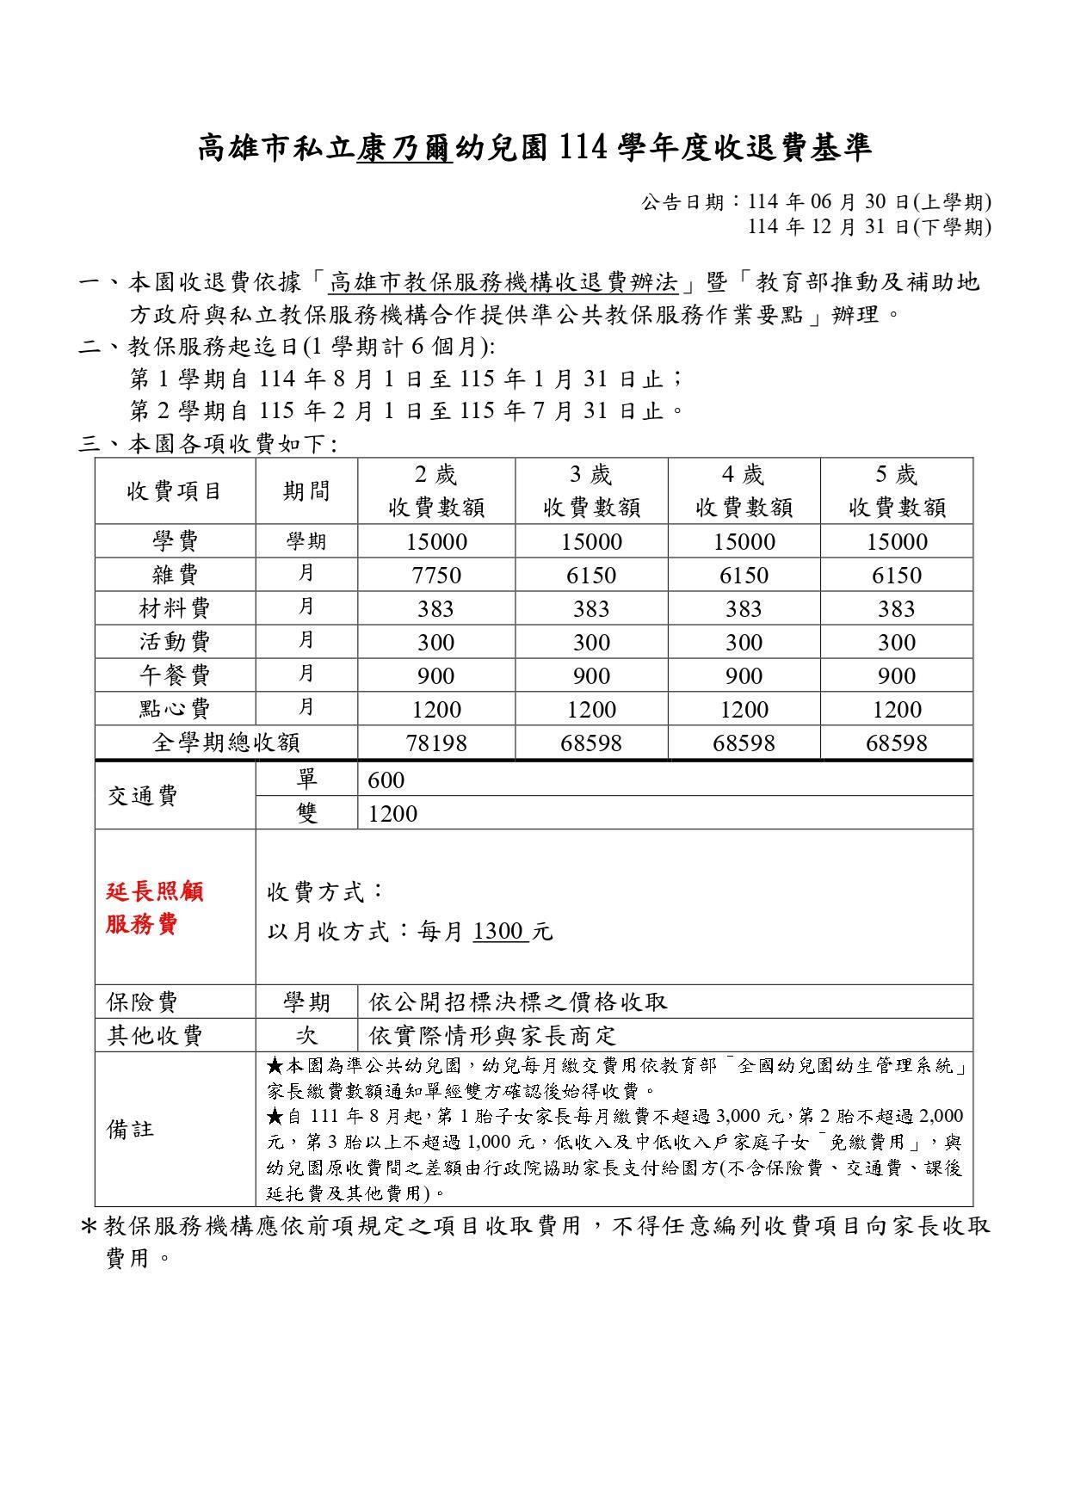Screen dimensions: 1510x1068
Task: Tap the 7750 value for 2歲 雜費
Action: point(436,575)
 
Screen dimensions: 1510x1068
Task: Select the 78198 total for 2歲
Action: point(436,743)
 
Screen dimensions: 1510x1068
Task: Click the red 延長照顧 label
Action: point(155,891)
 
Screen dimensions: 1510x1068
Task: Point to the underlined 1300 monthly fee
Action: point(500,931)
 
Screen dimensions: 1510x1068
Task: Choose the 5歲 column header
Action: point(896,490)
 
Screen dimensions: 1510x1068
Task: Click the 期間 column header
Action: point(306,490)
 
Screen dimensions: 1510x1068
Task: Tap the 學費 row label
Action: point(175,541)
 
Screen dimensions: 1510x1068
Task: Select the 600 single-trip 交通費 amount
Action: point(386,780)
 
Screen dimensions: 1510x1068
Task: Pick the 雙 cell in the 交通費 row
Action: point(306,813)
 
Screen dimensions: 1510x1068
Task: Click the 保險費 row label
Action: point(143,1002)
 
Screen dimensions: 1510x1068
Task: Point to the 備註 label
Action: point(131,1130)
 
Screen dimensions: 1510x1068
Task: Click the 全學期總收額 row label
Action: point(225,743)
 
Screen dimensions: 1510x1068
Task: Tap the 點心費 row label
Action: point(175,709)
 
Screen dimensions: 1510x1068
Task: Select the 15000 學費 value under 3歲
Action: point(591,541)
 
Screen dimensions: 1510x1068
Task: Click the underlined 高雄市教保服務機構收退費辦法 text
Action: point(504,282)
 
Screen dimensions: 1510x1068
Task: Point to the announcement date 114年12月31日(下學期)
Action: point(868,226)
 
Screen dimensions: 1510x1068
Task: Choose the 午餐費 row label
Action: point(175,675)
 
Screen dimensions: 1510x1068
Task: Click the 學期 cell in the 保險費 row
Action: point(306,1002)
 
